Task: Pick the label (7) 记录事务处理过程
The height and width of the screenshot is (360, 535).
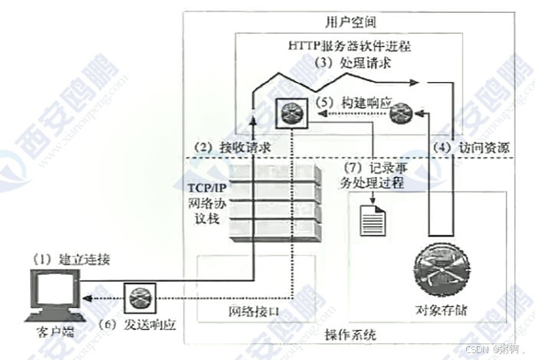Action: pos(372,175)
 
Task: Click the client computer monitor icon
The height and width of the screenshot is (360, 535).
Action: pos(53,294)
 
